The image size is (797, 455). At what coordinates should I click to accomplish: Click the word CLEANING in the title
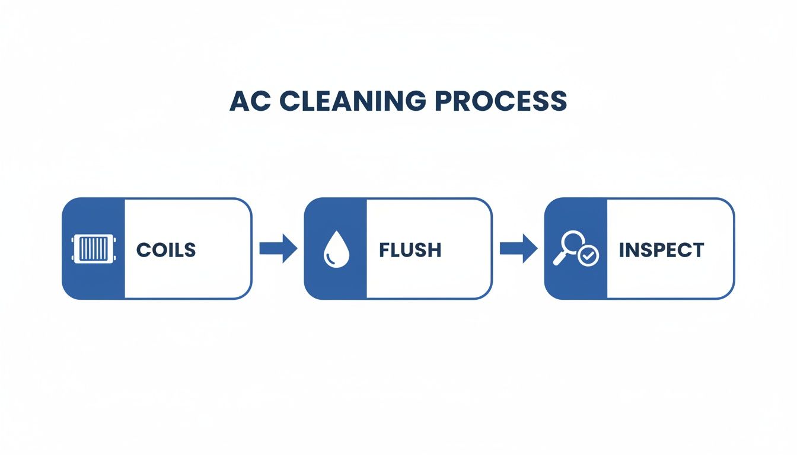coord(352,101)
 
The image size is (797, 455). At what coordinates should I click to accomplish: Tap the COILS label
coord(166,250)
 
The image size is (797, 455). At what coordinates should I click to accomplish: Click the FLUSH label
coord(410,250)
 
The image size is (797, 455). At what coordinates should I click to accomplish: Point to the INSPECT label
coord(661,250)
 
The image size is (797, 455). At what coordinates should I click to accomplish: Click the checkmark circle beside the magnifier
coord(589,256)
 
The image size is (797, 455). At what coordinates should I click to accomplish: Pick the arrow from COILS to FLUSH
coord(278,248)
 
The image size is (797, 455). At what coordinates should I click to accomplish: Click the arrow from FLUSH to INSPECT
coord(518,248)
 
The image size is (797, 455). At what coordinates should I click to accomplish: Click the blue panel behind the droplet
coord(335,281)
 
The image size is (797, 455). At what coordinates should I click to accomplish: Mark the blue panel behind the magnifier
coord(576,281)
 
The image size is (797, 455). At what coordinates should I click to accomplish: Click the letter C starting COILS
coord(143,250)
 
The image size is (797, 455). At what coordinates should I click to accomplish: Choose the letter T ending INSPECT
coord(697,250)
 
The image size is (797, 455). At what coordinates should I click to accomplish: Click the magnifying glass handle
coord(558,259)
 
